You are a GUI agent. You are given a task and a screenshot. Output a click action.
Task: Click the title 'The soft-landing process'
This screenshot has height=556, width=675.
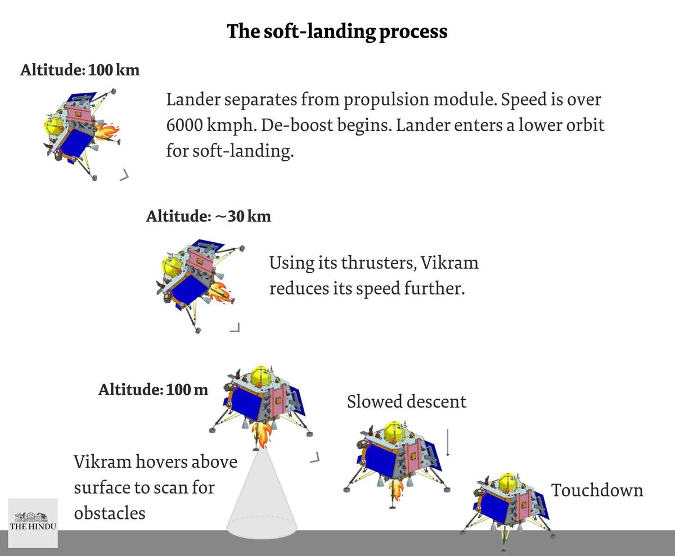pos(337,31)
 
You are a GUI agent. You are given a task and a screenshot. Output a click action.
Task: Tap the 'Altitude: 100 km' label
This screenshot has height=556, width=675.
pos(80,71)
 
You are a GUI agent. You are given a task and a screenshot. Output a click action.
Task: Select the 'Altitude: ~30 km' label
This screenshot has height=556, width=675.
pos(208,216)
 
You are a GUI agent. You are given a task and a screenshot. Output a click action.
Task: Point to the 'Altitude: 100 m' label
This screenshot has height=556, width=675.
pos(153,390)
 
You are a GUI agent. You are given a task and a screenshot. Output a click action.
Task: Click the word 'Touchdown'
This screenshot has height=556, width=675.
pos(597,490)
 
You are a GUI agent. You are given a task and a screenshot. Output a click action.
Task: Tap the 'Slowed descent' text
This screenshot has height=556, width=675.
pos(406,402)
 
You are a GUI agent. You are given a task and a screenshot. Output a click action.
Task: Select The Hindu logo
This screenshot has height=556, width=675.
pos(33,523)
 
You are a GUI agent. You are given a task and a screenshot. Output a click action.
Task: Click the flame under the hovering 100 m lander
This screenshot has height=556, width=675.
pos(262,435)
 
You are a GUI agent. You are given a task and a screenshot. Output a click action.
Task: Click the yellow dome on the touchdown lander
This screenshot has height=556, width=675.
pos(508,482)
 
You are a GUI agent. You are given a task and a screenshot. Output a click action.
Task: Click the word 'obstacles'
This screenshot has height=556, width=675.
pos(110,513)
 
